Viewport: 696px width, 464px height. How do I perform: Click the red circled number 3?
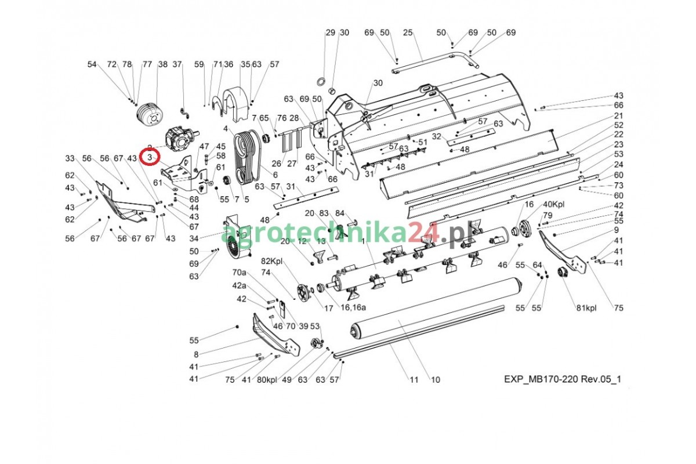tap(151, 157)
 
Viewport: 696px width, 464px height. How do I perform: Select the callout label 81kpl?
tap(586, 308)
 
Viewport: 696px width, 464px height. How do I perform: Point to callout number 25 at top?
tap(408, 32)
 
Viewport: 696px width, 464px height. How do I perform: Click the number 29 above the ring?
tap(330, 32)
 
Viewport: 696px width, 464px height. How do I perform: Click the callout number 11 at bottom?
tap(414, 380)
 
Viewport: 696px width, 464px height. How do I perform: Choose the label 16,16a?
tap(353, 308)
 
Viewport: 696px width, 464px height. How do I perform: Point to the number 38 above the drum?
tap(162, 64)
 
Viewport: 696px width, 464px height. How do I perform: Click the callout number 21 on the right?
tap(618, 115)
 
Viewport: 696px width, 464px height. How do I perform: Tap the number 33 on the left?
tap(70, 158)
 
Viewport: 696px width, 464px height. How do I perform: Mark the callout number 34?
tap(194, 238)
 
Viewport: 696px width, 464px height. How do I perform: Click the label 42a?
tap(239, 285)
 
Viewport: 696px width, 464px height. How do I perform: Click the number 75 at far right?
tap(618, 308)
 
